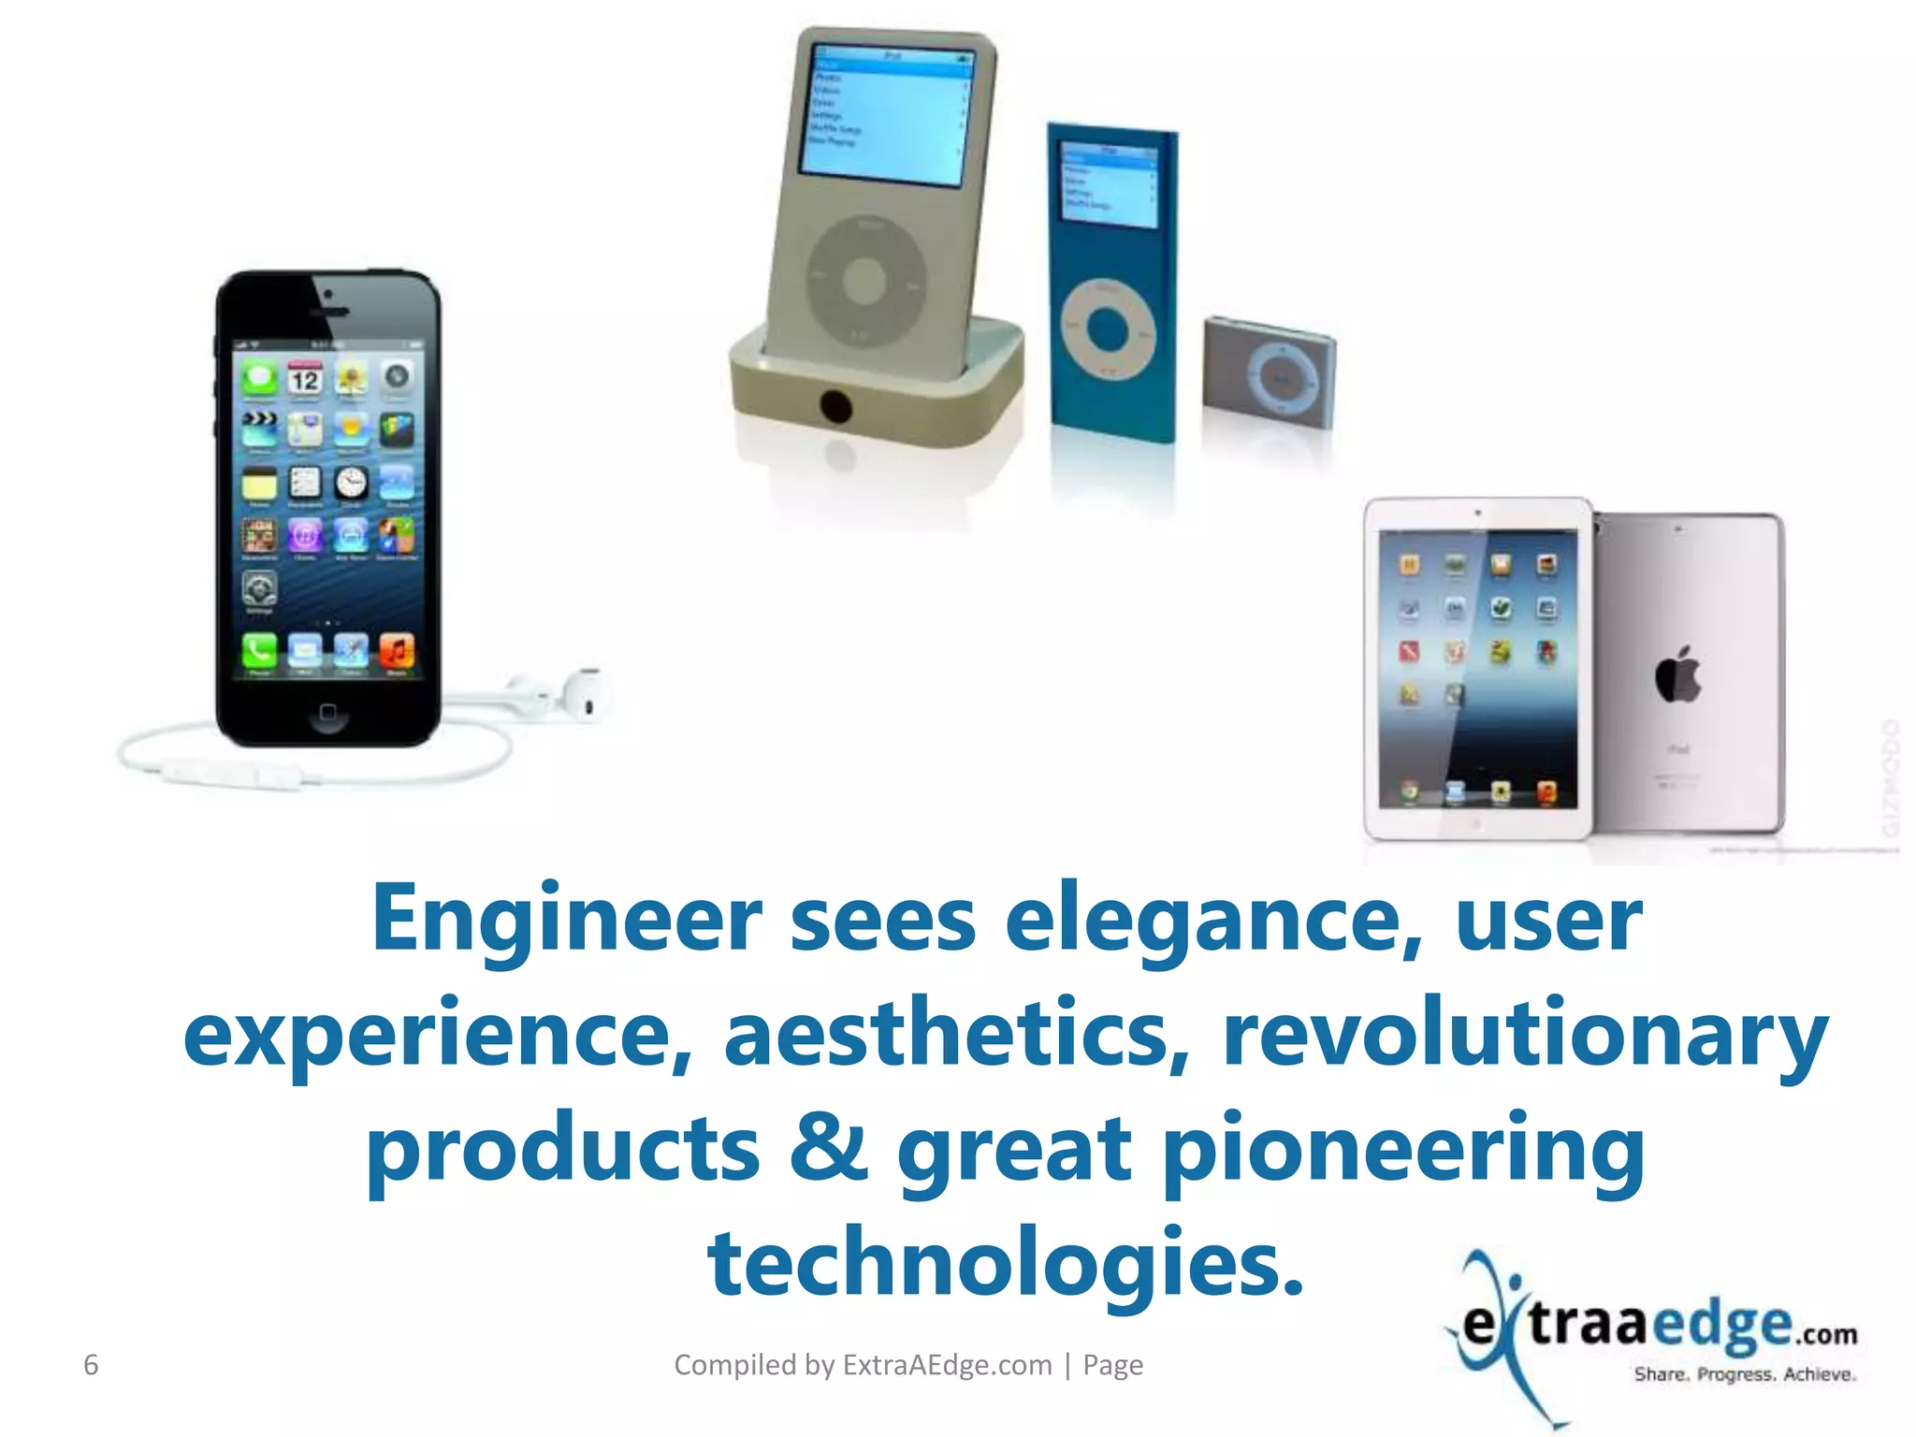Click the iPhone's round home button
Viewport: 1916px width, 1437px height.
[x=327, y=713]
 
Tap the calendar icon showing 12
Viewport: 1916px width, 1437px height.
[x=304, y=379]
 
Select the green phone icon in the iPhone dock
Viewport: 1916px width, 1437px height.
[x=259, y=649]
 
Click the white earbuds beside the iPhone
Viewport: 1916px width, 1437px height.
[x=561, y=697]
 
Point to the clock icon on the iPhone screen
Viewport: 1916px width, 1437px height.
[x=351, y=483]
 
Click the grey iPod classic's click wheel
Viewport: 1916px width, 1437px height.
[x=864, y=279]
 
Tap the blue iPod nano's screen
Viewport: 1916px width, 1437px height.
[x=1108, y=184]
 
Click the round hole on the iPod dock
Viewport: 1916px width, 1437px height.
[x=835, y=407]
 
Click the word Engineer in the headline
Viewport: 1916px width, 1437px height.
[x=567, y=920]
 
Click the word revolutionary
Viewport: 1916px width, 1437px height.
[x=1525, y=1035]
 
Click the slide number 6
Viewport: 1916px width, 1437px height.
[x=91, y=1365]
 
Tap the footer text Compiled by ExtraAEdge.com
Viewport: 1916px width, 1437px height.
[x=863, y=1365]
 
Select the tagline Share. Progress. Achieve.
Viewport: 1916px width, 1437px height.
[x=1745, y=1374]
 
